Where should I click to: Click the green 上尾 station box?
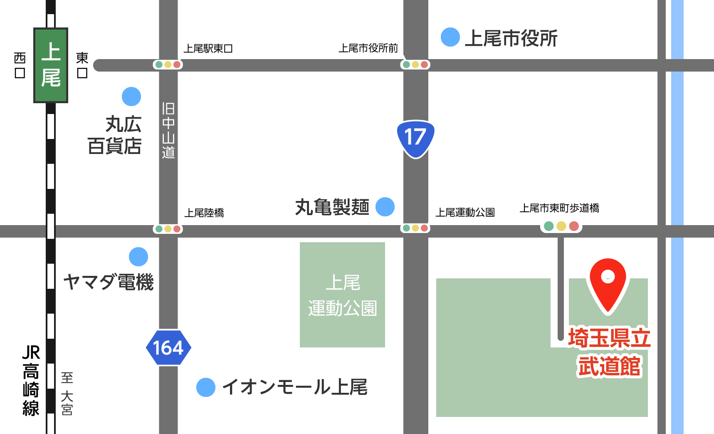click(x=51, y=65)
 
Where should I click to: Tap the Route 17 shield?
click(x=415, y=138)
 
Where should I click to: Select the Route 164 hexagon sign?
click(x=168, y=348)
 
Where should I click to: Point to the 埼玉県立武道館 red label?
click(x=609, y=352)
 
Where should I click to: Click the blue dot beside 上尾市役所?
click(x=450, y=37)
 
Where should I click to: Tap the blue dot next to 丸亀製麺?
click(x=385, y=207)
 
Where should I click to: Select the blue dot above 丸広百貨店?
click(x=131, y=97)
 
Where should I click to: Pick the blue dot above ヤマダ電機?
click(x=138, y=257)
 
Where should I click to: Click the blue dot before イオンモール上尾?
click(x=206, y=387)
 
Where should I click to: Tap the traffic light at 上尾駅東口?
click(x=168, y=64)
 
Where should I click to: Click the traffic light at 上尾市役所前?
click(x=415, y=64)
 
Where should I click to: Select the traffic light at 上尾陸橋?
click(x=168, y=229)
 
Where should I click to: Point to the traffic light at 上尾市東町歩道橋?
click(x=561, y=226)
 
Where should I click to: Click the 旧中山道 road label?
click(x=168, y=130)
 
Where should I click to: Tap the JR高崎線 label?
click(x=31, y=380)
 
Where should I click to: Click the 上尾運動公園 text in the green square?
click(x=343, y=295)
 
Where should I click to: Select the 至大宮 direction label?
click(x=67, y=394)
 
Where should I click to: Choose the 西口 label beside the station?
click(x=20, y=65)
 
